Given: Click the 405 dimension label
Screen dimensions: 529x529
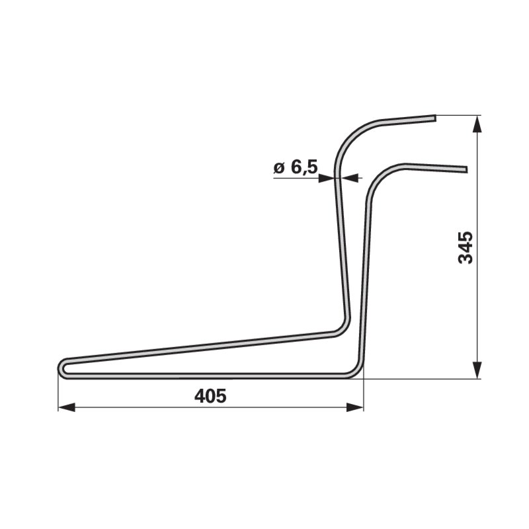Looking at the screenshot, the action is click(210, 396).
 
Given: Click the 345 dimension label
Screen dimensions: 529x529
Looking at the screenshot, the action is click(466, 247).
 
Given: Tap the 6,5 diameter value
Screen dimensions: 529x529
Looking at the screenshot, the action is click(304, 167).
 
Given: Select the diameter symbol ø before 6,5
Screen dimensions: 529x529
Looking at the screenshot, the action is click(280, 168).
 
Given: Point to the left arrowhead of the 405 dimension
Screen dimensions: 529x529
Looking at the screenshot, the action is click(67, 407).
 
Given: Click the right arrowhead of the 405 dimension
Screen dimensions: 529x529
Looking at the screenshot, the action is click(355, 407).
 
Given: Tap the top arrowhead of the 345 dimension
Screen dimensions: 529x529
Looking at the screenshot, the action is click(476, 124).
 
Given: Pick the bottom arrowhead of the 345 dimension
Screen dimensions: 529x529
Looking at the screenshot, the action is click(476, 370).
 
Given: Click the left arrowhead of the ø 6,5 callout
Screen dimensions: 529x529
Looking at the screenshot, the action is click(326, 178).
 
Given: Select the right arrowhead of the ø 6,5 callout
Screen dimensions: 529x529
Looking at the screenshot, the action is click(349, 178).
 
